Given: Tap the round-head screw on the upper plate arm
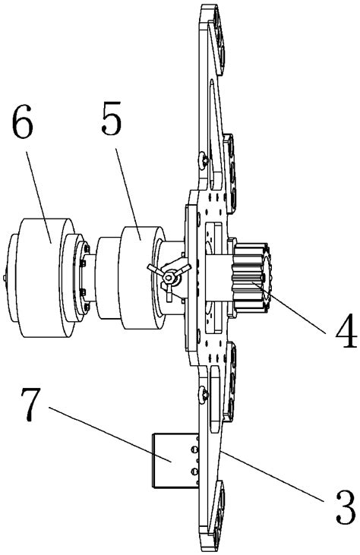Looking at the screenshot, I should point(204,161).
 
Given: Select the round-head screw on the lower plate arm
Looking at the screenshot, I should point(204,393).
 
